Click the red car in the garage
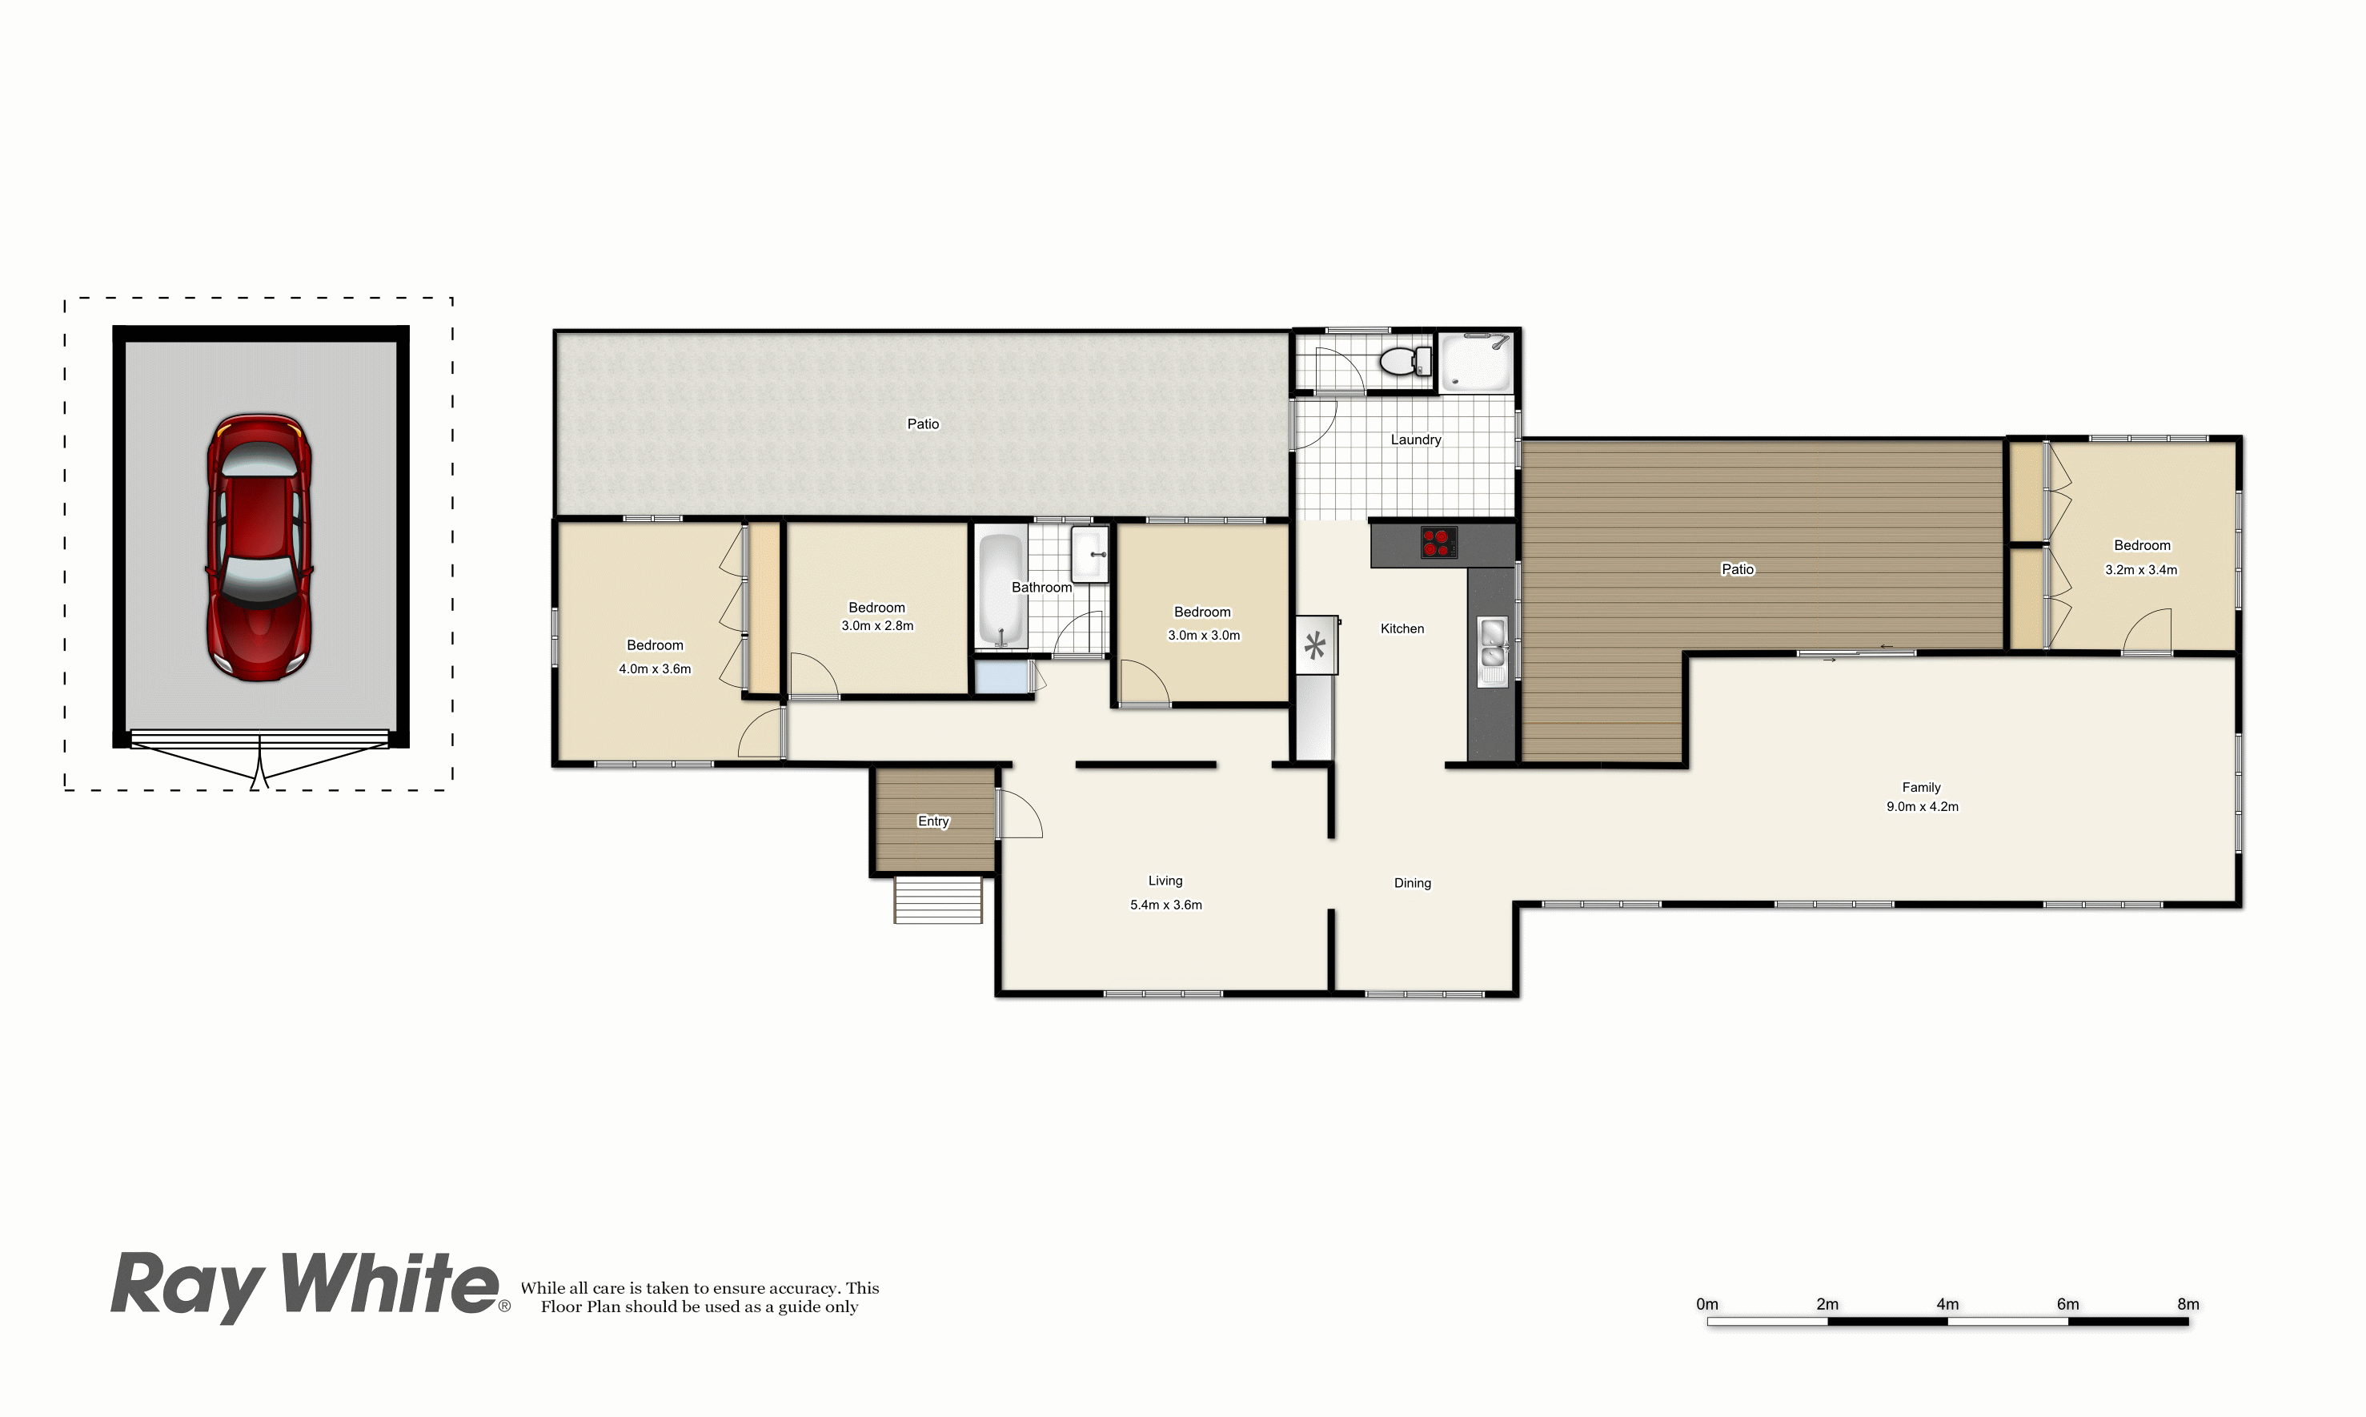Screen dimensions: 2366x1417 click(x=259, y=547)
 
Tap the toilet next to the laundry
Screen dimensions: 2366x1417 click(x=1406, y=361)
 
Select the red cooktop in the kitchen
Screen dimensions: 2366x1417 click(x=1438, y=542)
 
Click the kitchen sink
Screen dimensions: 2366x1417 click(x=1493, y=642)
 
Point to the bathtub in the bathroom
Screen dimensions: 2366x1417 click(x=1001, y=590)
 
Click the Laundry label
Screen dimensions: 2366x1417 click(x=1415, y=440)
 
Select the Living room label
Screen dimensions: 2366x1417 click(x=1165, y=881)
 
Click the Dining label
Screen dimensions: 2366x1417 click(x=1413, y=883)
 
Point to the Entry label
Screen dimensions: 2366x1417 click(x=933, y=821)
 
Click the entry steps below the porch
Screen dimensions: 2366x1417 click(x=937, y=900)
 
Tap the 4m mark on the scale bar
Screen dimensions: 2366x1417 click(x=1947, y=1304)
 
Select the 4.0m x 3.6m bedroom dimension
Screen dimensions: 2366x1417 click(x=655, y=669)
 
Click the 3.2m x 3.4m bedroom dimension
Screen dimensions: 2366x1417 click(x=2142, y=570)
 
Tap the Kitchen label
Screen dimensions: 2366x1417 click(x=1402, y=628)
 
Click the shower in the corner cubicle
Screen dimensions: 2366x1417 click(x=1475, y=362)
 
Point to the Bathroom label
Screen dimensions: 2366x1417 click(x=1041, y=588)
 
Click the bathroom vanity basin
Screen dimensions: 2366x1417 click(x=1090, y=554)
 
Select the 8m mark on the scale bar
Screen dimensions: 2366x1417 click(x=2188, y=1304)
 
